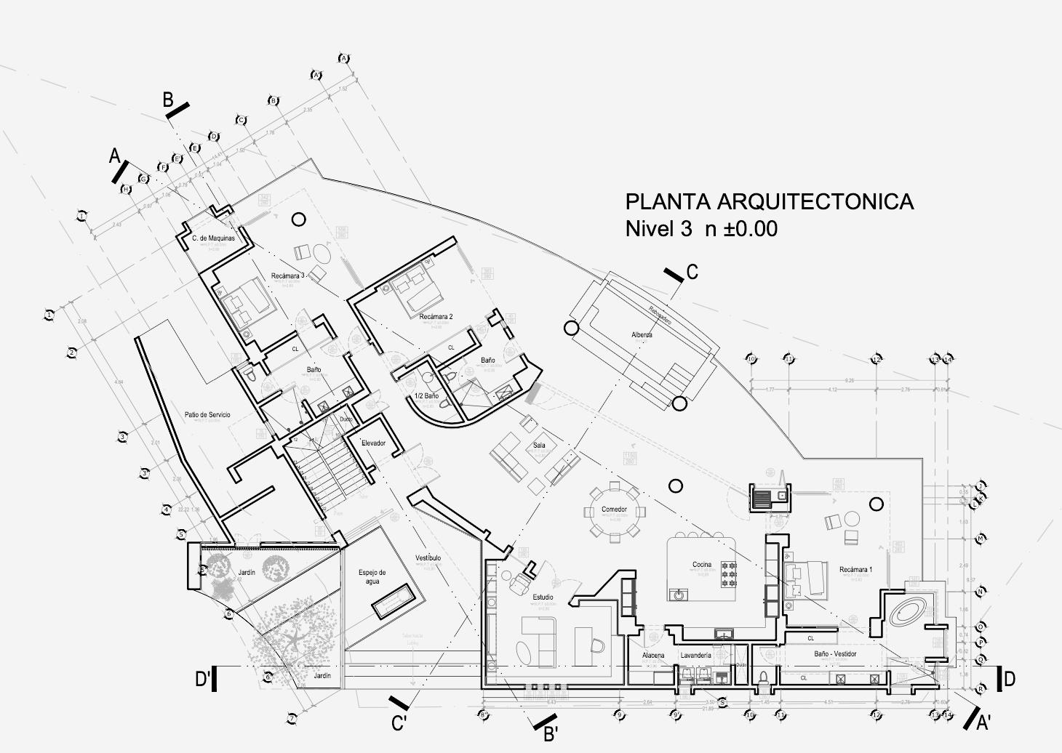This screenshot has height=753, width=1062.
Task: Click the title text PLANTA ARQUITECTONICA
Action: tap(769, 201)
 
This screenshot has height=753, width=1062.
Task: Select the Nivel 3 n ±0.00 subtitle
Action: tap(701, 229)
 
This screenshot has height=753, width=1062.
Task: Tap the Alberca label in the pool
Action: tap(642, 335)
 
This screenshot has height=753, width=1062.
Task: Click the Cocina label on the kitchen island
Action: tap(702, 565)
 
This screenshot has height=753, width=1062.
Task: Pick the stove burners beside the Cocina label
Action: tap(729, 574)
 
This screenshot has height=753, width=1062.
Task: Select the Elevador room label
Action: tap(373, 443)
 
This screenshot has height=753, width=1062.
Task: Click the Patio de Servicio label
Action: tap(207, 415)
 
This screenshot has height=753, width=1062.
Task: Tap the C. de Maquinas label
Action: tap(213, 238)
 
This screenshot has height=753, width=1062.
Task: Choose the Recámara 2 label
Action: tap(436, 317)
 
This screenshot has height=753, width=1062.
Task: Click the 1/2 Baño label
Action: tap(426, 396)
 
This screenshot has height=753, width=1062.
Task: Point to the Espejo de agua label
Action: tap(372, 576)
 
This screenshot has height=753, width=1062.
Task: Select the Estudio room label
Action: tap(543, 597)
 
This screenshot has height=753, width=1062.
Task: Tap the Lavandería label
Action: tap(695, 656)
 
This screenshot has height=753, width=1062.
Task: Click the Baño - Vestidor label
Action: tap(835, 654)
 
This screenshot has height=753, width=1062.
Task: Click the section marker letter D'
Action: tap(203, 680)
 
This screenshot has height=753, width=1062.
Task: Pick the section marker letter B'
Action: tap(551, 733)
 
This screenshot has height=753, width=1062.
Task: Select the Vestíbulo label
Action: tap(428, 558)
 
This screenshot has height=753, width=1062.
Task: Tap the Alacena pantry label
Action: tap(653, 656)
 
